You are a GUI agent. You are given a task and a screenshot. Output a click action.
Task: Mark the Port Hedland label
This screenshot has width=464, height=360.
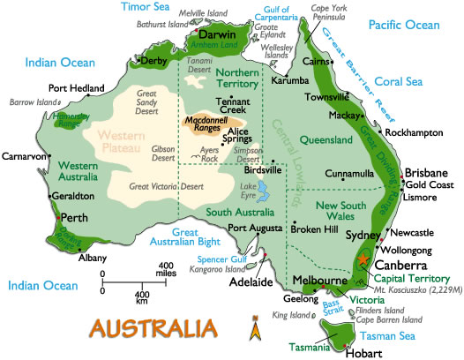(x=76, y=87)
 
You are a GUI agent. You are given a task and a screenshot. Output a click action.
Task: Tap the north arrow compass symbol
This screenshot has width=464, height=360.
(x=255, y=330)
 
